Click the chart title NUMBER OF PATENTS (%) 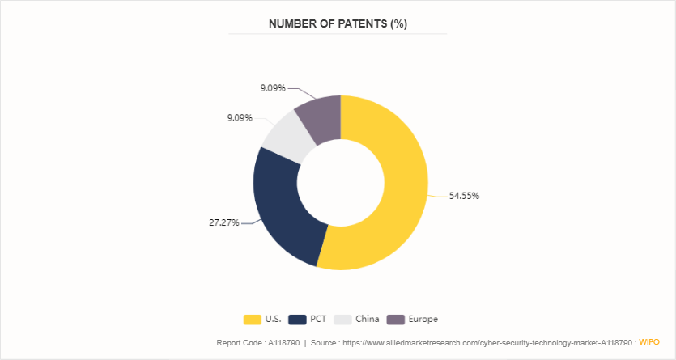click(338, 24)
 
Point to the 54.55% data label click(464, 196)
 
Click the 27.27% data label click(224, 222)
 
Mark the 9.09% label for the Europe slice click(272, 88)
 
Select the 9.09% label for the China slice click(240, 118)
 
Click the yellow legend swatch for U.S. click(252, 319)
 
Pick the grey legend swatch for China click(343, 319)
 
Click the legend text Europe click(423, 319)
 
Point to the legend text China click(367, 319)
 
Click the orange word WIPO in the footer click(650, 342)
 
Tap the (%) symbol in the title click(398, 24)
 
